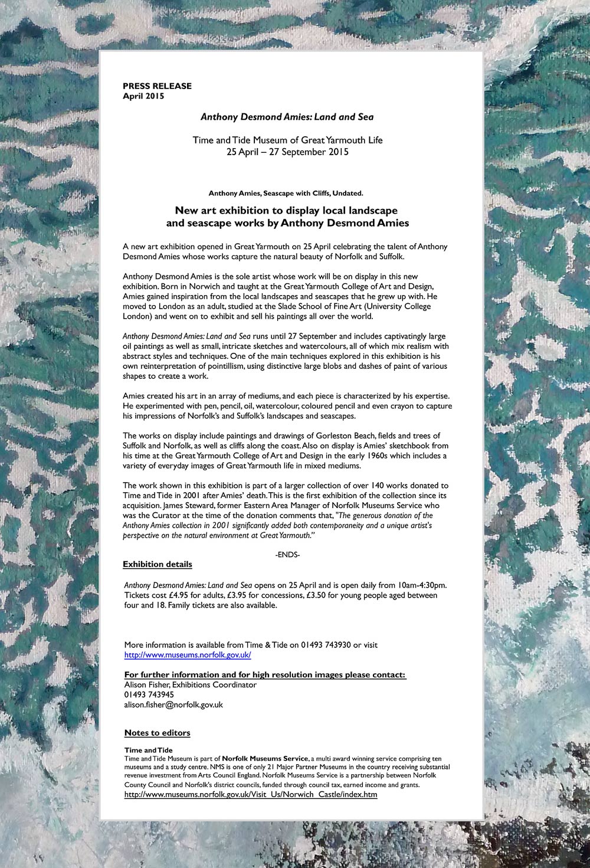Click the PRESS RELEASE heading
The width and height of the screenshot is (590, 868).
(x=157, y=86)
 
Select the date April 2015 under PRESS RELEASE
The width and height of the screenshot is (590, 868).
(x=143, y=96)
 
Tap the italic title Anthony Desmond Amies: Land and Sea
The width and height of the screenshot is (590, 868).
(x=287, y=117)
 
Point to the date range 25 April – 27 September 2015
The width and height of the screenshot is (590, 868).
(x=287, y=152)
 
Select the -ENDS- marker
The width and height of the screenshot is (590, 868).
(x=288, y=555)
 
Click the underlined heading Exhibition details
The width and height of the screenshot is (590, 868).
(x=157, y=565)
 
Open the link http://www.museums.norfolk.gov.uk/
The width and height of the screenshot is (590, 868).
(x=188, y=655)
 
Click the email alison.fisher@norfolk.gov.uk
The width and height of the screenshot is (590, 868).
(x=173, y=705)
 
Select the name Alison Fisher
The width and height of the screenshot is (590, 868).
(x=146, y=685)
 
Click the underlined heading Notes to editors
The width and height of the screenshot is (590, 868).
(x=157, y=733)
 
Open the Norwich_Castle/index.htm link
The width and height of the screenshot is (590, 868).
(x=250, y=795)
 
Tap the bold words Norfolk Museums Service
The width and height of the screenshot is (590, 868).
(x=265, y=758)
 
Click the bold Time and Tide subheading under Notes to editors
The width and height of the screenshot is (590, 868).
(x=140, y=750)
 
